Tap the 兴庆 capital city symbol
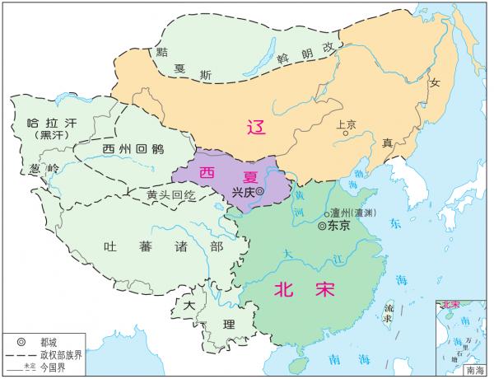(259, 191)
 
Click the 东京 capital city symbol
(322, 223)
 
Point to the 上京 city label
(346, 124)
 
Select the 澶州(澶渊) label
(355, 213)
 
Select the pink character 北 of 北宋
(284, 289)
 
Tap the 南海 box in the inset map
(475, 371)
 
